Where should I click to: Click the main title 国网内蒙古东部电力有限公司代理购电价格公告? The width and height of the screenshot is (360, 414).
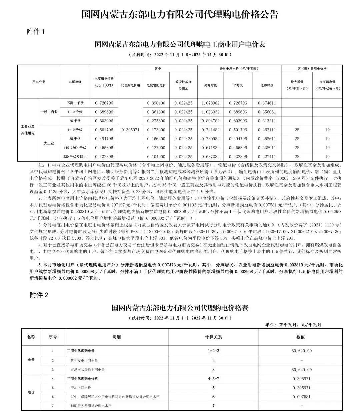pyautogui.click(x=180, y=14)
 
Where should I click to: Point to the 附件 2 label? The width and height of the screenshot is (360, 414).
pyautogui.click(x=39, y=295)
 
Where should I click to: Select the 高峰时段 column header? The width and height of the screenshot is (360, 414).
pyautogui.click(x=210, y=85)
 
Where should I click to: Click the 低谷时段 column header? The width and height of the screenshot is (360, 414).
pyautogui.click(x=267, y=85)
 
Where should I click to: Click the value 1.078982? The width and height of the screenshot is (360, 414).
pyautogui.click(x=210, y=103)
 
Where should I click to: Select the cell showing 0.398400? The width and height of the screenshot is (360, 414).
pyautogui.click(x=156, y=103)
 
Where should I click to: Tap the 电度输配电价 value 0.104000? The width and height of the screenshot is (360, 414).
pyautogui.click(x=156, y=157)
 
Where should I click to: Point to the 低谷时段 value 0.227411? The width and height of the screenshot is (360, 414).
pyautogui.click(x=267, y=157)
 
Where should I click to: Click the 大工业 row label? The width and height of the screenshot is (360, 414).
pyautogui.click(x=49, y=143)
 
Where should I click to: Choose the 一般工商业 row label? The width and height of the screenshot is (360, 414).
pyautogui.click(x=49, y=112)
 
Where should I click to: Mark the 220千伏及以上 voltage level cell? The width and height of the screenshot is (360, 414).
pyautogui.click(x=75, y=157)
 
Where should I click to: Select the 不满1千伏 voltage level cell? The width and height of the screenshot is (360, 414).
pyautogui.click(x=75, y=103)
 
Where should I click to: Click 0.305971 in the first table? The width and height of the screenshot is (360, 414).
pyautogui.click(x=130, y=130)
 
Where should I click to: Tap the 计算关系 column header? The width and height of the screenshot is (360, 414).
pyautogui.click(x=213, y=337)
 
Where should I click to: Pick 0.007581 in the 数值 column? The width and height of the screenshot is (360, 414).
pyautogui.click(x=301, y=397)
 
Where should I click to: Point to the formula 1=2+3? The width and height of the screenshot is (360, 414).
pyautogui.click(x=213, y=351)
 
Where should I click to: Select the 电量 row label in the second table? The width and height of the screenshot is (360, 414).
pyautogui.click(x=31, y=360)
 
